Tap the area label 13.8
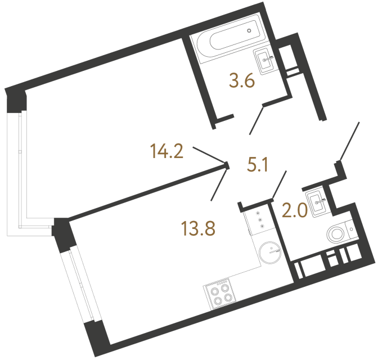[199, 227]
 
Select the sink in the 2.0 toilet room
[318, 201]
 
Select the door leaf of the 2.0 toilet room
[280, 183]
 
